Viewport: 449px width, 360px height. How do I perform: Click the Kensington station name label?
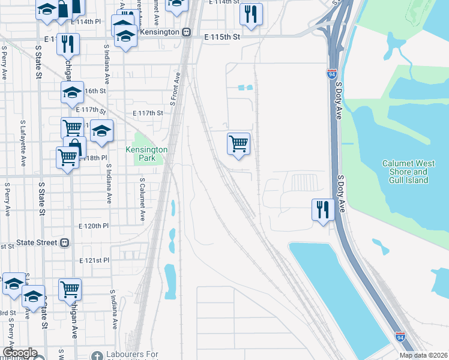(x=159, y=31)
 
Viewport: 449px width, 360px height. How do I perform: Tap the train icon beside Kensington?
(x=187, y=32)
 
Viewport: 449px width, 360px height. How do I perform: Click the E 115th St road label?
(x=221, y=37)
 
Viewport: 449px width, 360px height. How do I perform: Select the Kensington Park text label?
(x=146, y=154)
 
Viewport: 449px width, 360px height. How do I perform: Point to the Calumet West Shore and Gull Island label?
(x=405, y=172)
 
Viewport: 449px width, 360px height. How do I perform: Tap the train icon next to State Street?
(x=64, y=243)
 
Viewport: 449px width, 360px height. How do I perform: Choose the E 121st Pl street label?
(x=94, y=261)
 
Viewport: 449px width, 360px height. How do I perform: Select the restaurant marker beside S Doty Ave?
(x=323, y=209)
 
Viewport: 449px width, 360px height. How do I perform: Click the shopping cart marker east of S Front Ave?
(x=238, y=143)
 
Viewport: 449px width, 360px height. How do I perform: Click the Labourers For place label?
(x=131, y=355)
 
